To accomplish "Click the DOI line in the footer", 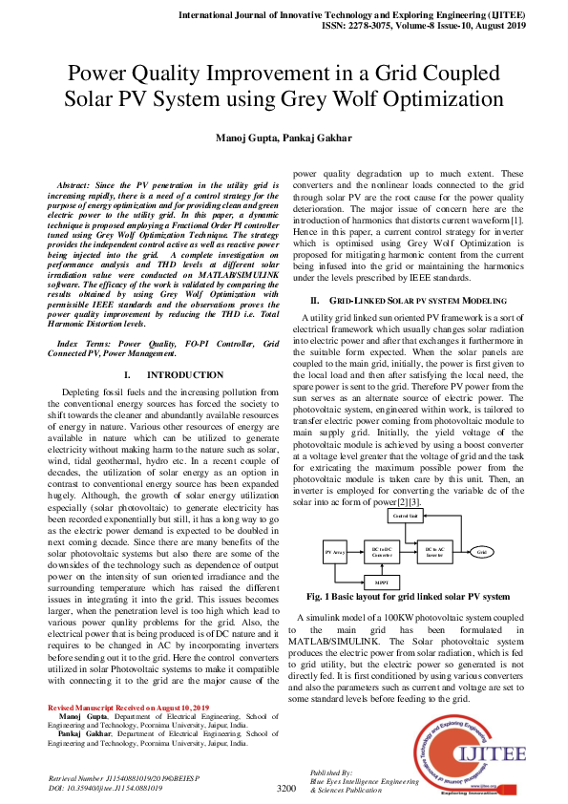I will point(105,790).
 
